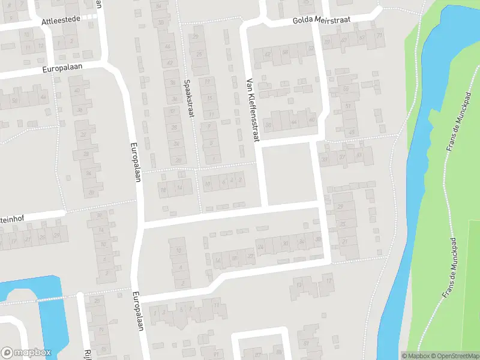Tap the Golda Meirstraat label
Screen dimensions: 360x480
point(322,20)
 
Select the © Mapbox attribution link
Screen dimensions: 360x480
point(416,356)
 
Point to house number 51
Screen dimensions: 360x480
point(348,106)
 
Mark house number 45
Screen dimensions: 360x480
point(352,132)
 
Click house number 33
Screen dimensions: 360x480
point(325,160)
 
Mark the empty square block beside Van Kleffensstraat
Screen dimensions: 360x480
point(290,173)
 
